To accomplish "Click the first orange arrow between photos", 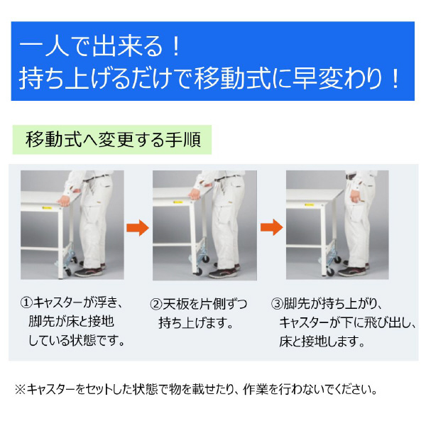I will click(138, 228).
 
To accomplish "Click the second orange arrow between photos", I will click(271, 228).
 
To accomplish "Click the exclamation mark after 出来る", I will click(175, 49).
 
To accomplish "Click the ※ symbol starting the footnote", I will click(19, 389).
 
